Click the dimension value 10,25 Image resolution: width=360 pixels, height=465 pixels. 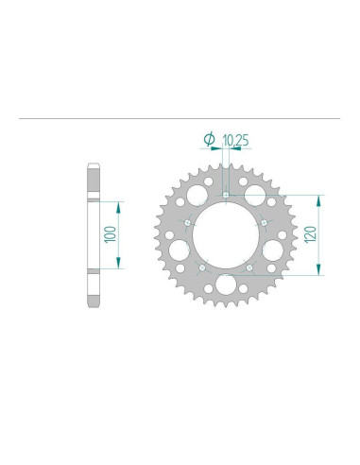[235, 140]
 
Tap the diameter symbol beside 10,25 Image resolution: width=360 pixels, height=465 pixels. [210, 139]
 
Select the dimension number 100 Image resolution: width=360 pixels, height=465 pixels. [111, 234]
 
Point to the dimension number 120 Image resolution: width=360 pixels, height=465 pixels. [310, 234]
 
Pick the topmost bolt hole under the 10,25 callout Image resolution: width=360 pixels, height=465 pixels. [226, 195]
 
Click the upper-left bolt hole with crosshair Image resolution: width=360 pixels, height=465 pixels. [188, 223]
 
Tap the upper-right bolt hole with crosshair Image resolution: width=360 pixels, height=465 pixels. [264, 223]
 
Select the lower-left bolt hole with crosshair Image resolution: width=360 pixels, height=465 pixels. [202, 267]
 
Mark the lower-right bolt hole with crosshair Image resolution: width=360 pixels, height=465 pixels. [249, 267]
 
